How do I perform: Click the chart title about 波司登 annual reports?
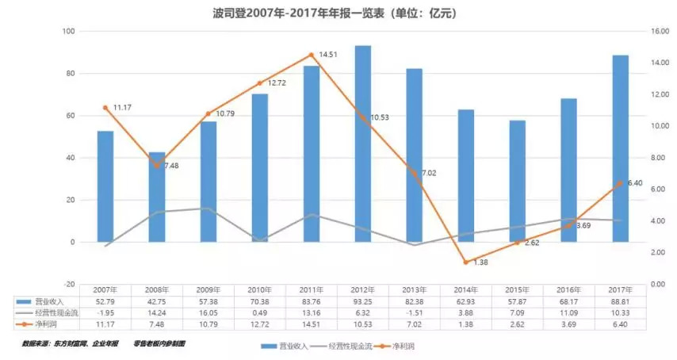click(x=338, y=13)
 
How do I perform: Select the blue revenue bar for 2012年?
click(x=363, y=143)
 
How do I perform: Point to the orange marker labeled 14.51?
click(x=312, y=55)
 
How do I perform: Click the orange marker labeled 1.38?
click(x=466, y=262)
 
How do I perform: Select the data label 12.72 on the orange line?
click(x=276, y=83)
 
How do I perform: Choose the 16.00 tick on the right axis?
click(x=649, y=32)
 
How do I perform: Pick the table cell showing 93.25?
click(x=363, y=302)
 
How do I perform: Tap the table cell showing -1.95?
click(x=105, y=312)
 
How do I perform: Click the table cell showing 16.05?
click(x=208, y=312)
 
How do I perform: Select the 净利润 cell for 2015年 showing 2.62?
click(x=518, y=323)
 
